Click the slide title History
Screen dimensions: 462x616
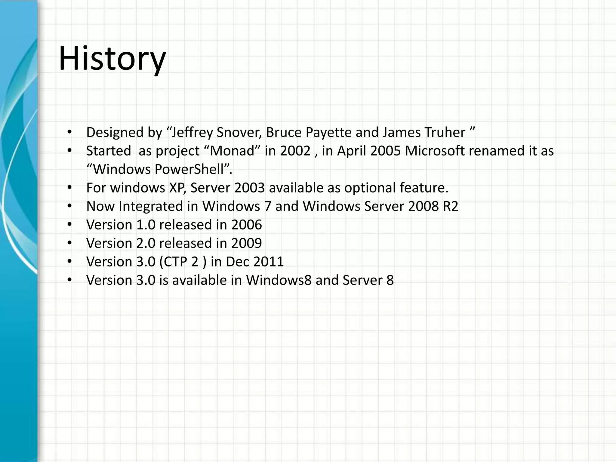coord(112,58)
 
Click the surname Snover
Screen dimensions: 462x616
coord(239,132)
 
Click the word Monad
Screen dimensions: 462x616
coord(232,151)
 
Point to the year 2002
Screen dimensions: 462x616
coord(295,151)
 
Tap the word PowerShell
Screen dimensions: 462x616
coord(189,169)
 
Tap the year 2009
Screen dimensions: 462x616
coord(246,243)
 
